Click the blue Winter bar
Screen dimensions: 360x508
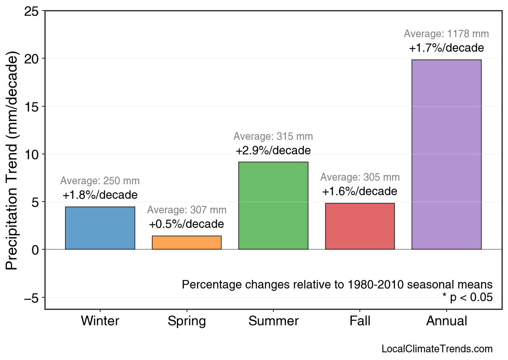coord(100,228)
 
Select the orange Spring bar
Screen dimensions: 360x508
coord(187,242)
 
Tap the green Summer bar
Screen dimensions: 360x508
coord(273,206)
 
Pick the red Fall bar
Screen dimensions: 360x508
coord(360,226)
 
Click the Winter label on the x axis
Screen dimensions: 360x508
coord(100,321)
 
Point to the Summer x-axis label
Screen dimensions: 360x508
coord(273,321)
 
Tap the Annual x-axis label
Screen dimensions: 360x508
coord(446,321)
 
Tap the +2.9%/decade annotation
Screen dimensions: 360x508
coord(273,151)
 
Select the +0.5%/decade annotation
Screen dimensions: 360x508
coord(187,224)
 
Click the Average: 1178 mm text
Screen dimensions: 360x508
coord(446,34)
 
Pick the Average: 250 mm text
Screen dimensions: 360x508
coord(100,181)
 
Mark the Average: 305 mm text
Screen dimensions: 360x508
coord(360,177)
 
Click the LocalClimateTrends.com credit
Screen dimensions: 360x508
coord(437,349)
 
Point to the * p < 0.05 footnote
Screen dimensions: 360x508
coord(467,298)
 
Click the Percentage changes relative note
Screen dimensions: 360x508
coord(337,284)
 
